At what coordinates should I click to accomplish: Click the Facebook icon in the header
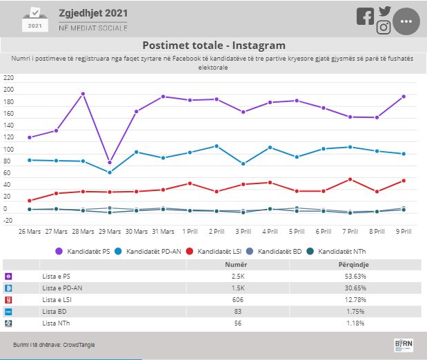tap(365, 17)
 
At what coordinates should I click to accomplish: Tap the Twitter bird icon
tap(384, 10)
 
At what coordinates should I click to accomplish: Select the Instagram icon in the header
tap(384, 28)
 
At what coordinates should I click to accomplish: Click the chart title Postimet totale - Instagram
tap(214, 46)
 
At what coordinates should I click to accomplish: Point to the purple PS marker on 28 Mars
tap(83, 94)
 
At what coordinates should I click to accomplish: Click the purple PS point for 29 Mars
tap(110, 163)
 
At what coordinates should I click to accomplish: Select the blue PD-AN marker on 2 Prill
tap(217, 146)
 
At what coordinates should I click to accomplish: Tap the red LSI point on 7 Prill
tap(350, 179)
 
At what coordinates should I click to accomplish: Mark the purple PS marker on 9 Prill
tap(404, 97)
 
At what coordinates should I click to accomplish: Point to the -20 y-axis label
tap(8, 221)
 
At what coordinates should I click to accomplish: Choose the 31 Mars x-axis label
tap(163, 232)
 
